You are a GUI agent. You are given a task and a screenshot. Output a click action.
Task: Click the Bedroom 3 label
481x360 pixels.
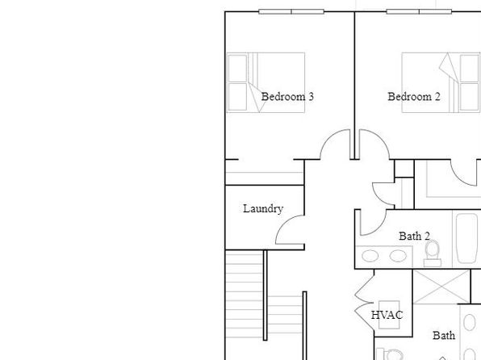click(x=287, y=97)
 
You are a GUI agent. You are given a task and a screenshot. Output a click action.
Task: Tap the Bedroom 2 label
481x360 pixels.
click(x=414, y=97)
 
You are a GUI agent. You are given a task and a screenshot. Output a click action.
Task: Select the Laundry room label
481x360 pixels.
click(x=263, y=209)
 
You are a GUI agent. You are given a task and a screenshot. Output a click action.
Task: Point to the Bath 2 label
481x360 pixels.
click(x=414, y=236)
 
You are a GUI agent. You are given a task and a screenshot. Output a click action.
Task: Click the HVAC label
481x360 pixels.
click(x=387, y=315)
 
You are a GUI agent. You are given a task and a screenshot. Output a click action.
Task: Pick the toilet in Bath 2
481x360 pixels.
click(x=433, y=253)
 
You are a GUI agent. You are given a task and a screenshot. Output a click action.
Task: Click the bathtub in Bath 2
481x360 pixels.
click(x=466, y=238)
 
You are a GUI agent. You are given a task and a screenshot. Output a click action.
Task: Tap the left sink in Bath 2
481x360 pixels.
click(x=370, y=256)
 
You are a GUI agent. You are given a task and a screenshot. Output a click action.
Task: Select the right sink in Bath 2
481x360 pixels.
click(x=398, y=256)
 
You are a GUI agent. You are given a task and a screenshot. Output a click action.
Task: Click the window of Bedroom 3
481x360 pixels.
click(x=291, y=11)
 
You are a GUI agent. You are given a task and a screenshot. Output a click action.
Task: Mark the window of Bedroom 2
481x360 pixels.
click(x=419, y=11)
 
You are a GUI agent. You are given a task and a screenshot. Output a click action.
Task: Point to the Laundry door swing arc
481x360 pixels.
click(x=284, y=224)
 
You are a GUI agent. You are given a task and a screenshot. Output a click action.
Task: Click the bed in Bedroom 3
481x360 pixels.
click(x=266, y=82)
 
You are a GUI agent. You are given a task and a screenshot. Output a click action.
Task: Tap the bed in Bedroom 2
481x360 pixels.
click(x=441, y=82)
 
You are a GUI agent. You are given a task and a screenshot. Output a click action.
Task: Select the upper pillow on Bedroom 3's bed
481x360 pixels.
click(x=238, y=68)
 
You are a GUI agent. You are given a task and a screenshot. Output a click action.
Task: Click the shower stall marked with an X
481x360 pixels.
click(x=441, y=287)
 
